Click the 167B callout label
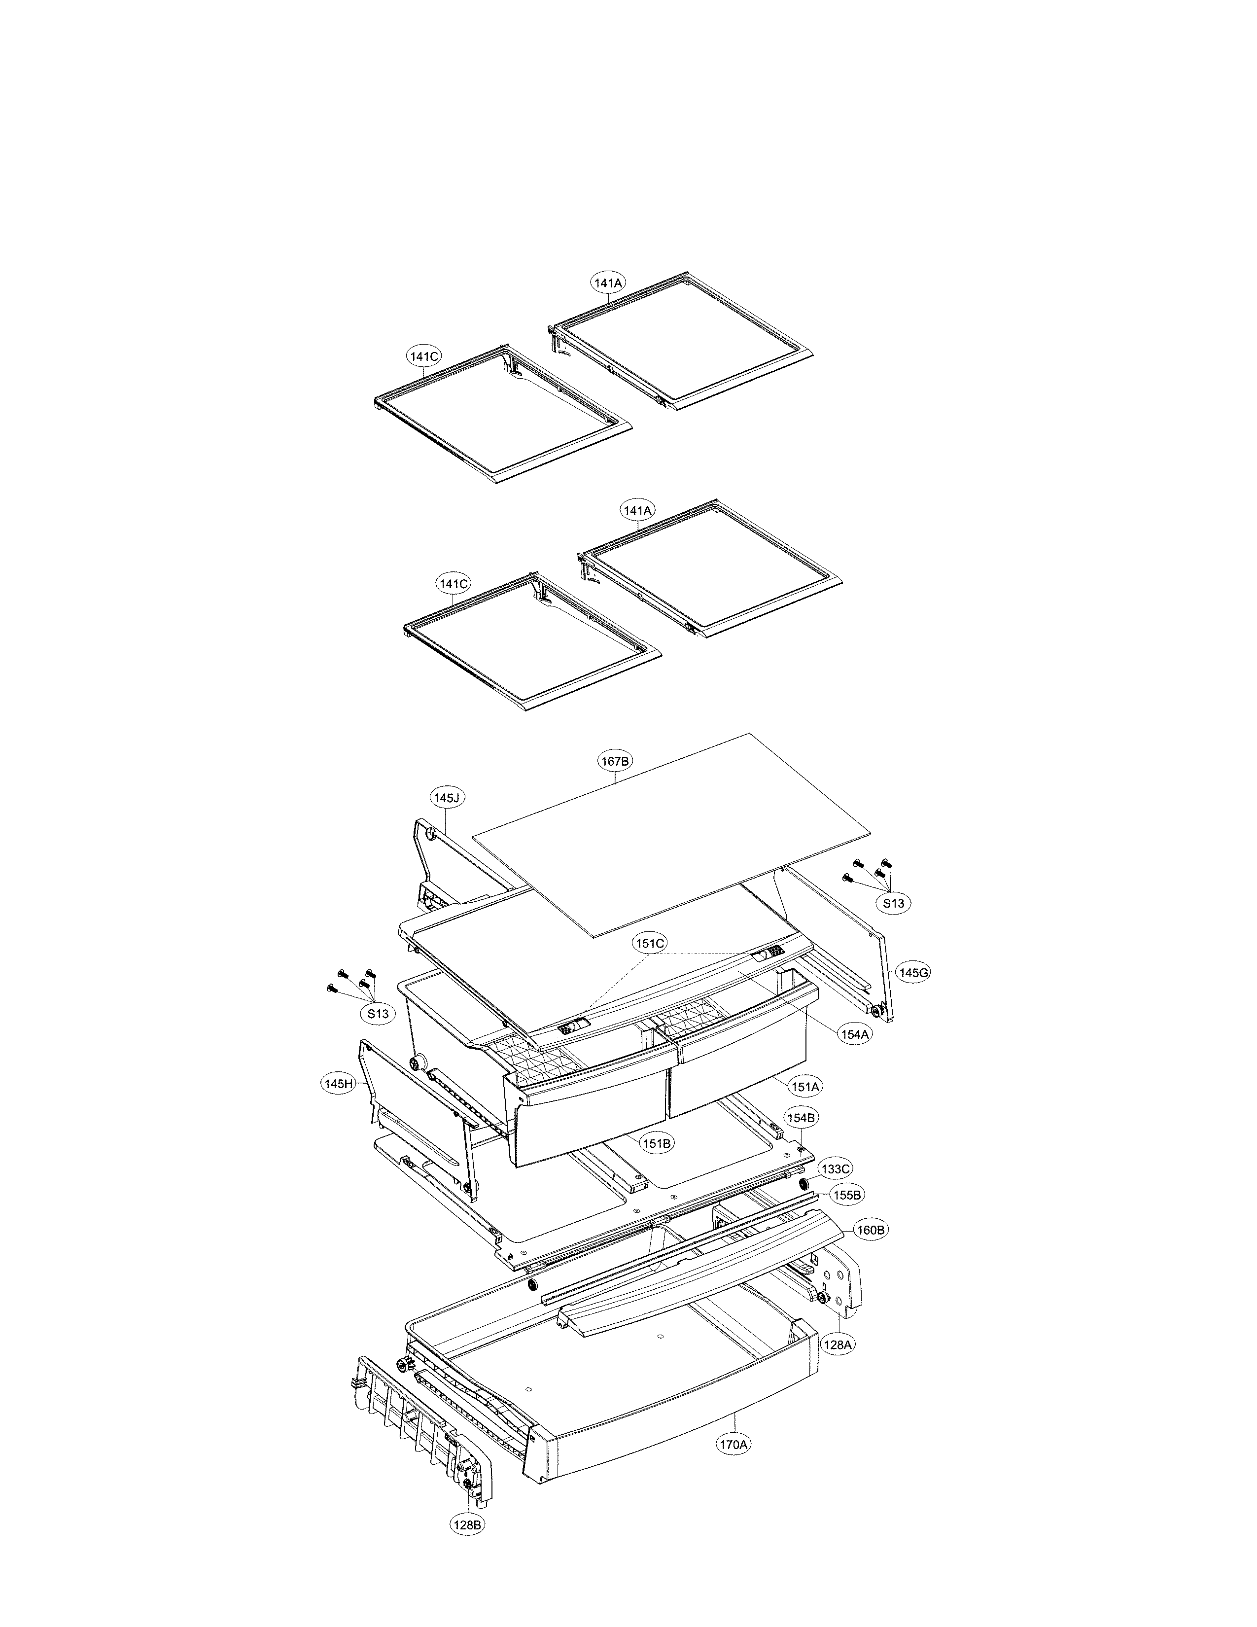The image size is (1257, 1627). pyautogui.click(x=616, y=761)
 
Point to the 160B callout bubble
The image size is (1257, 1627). pyautogui.click(x=869, y=1230)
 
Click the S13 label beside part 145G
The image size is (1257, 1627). pyautogui.click(x=894, y=903)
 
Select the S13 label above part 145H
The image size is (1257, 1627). pyautogui.click(x=378, y=1014)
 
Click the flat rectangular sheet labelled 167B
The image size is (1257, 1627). pyautogui.click(x=670, y=834)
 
